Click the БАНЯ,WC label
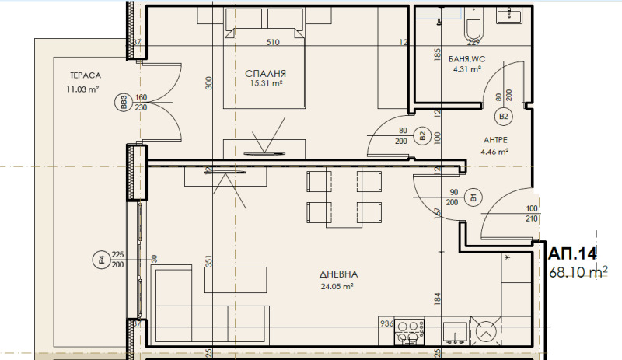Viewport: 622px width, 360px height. [x=467, y=58]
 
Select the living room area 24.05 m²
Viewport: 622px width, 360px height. [x=337, y=286]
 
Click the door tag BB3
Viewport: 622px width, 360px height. [x=122, y=103]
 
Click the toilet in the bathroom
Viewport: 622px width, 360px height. [x=471, y=29]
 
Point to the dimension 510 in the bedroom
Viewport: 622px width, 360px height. [x=272, y=42]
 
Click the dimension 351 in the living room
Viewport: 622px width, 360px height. [x=208, y=263]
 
